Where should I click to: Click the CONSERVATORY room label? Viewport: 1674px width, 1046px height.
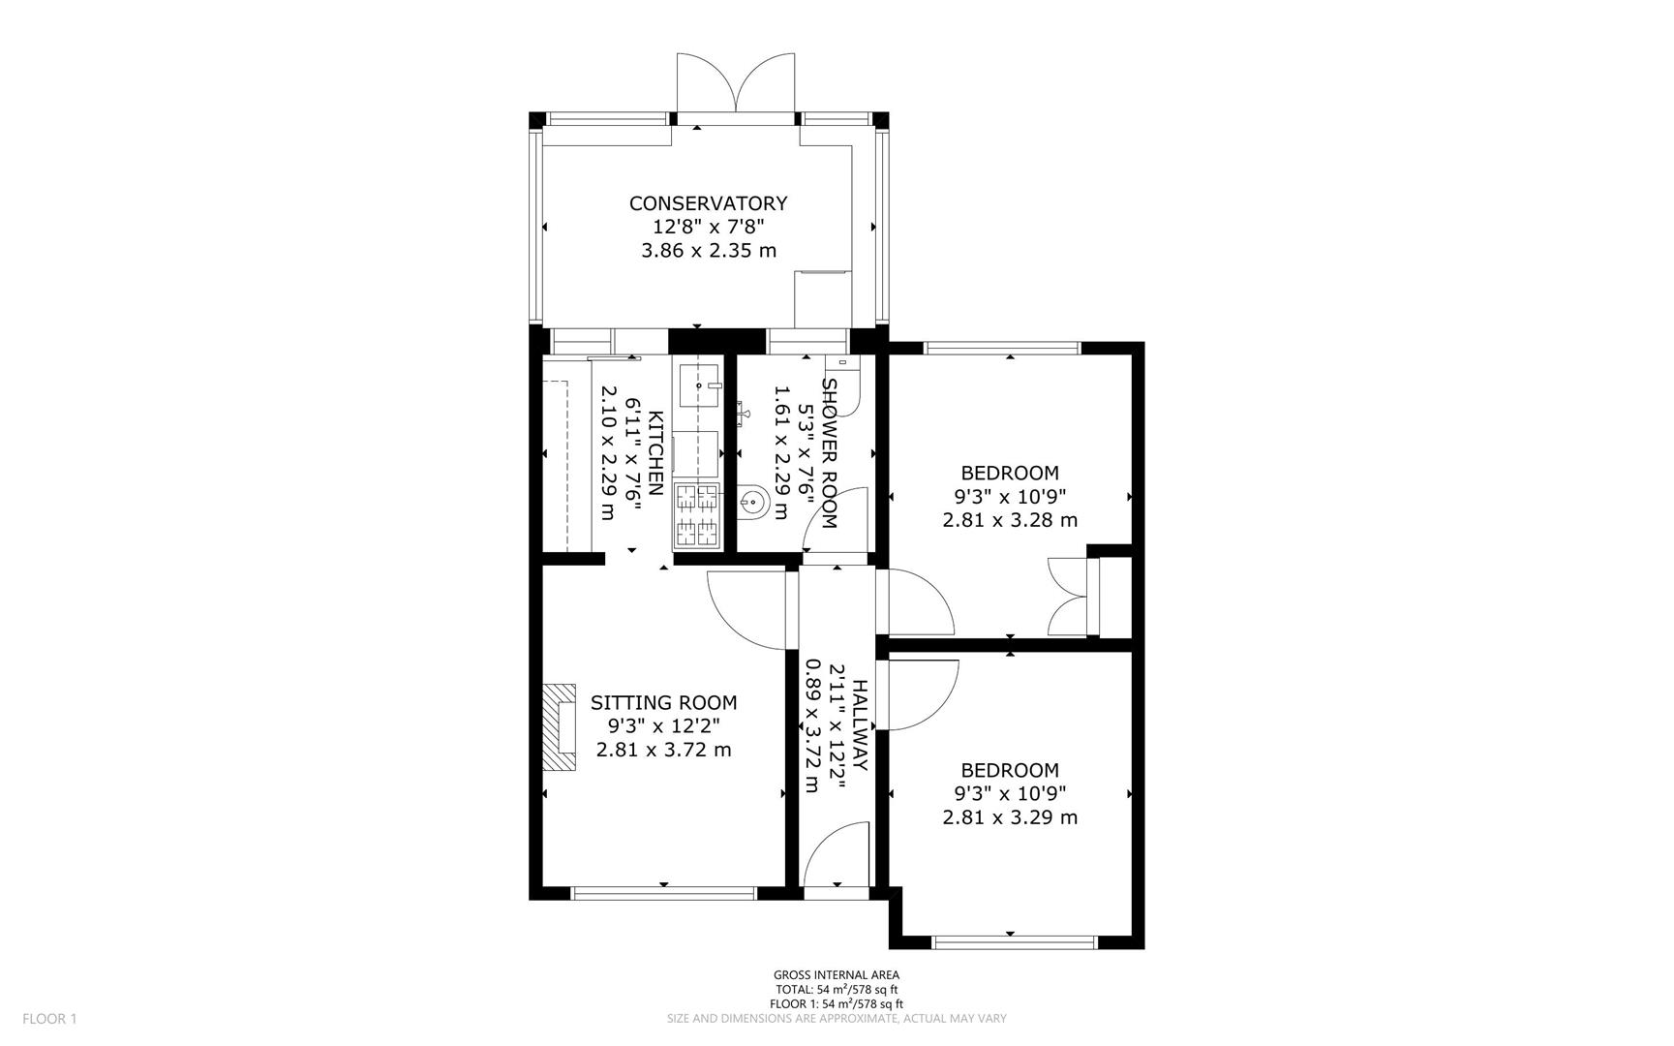point(708,203)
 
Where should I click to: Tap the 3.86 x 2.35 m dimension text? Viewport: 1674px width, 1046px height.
point(708,251)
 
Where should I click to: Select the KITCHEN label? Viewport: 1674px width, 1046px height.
point(655,453)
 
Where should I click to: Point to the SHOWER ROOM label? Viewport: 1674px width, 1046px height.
point(829,453)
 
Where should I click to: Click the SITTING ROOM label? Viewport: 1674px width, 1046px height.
point(663,703)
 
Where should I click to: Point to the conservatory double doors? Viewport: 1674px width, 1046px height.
point(737,85)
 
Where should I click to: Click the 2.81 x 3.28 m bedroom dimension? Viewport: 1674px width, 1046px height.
point(1009,520)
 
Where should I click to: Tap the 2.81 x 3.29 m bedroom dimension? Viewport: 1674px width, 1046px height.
point(1009,817)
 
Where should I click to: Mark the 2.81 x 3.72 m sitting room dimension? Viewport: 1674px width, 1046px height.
point(663,750)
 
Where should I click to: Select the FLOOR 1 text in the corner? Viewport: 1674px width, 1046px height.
point(48,1019)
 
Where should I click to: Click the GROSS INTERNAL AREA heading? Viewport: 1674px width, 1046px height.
point(836,975)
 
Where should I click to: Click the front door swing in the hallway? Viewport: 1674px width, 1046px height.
point(837,854)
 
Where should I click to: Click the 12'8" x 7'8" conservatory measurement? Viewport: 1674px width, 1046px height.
point(708,228)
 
